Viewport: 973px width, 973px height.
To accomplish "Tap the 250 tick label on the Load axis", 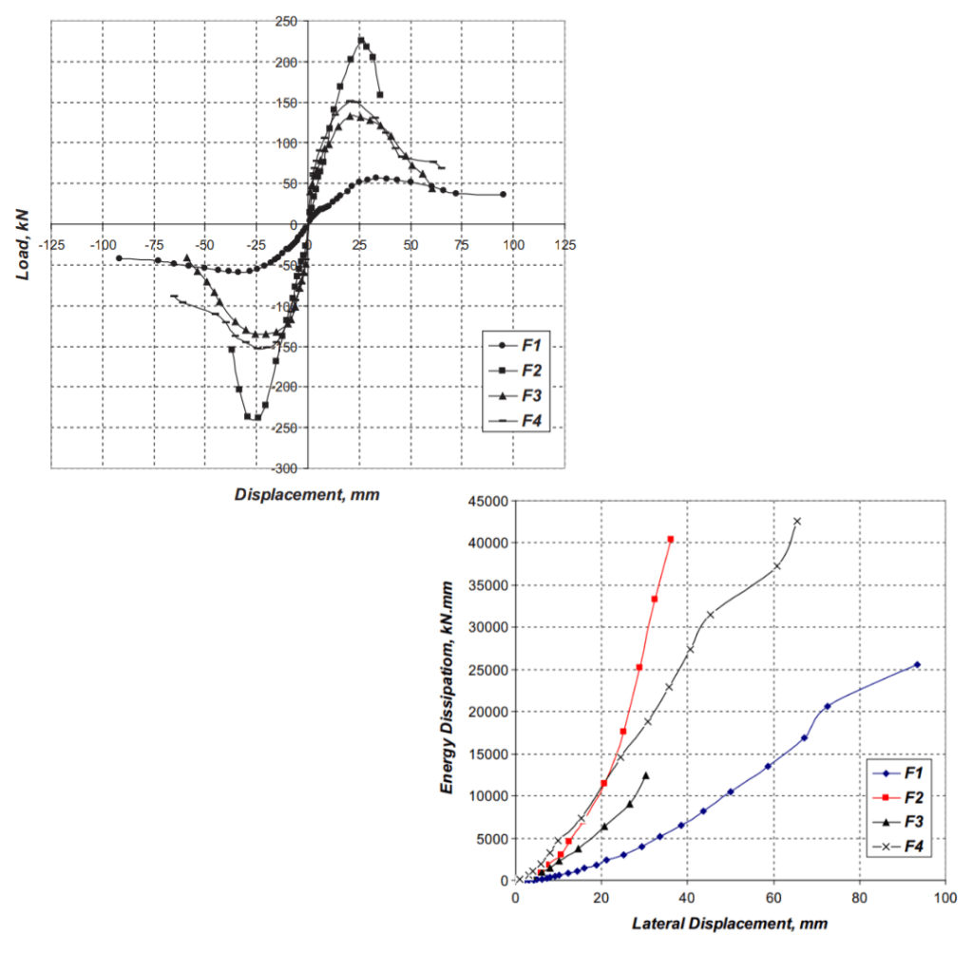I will (x=284, y=21).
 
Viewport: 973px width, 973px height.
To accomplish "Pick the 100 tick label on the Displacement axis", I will (x=514, y=245).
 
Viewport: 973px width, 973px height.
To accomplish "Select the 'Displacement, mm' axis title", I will (x=307, y=494).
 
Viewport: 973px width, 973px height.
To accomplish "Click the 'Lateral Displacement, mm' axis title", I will (x=729, y=922).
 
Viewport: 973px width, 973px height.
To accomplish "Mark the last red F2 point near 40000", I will (x=671, y=539).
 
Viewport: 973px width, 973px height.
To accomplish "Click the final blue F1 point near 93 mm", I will (x=917, y=665).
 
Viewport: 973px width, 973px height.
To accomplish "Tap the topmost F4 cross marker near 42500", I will (x=797, y=521).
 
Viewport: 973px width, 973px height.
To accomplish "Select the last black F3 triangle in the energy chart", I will (x=646, y=775).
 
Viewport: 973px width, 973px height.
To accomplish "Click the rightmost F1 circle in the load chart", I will (x=503, y=194).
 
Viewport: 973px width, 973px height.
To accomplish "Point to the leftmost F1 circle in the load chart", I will (x=119, y=258).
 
